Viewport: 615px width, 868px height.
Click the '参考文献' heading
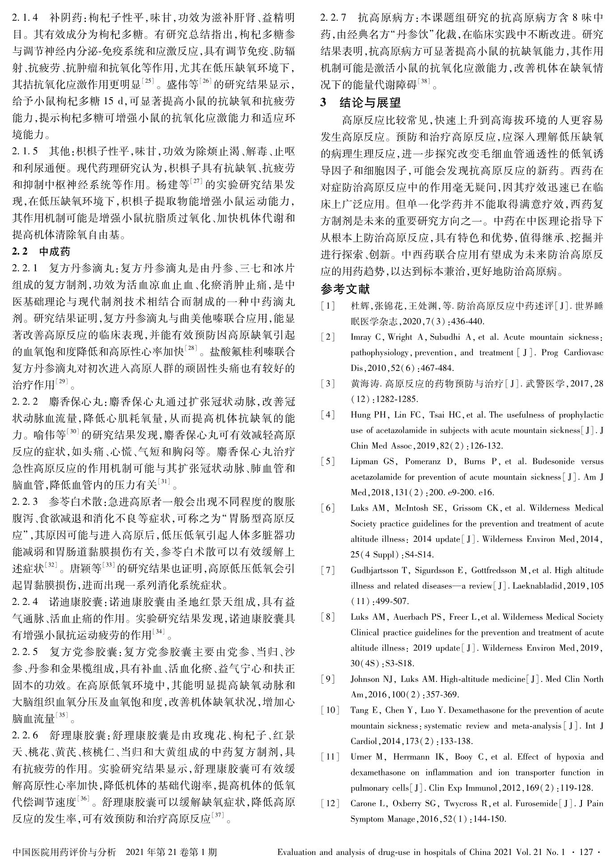(345, 289)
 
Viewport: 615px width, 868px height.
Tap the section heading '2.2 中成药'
(41, 251)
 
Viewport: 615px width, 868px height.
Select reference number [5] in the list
(328, 462)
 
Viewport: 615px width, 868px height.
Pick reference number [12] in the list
(330, 804)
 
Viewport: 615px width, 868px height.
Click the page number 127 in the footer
(586, 852)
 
